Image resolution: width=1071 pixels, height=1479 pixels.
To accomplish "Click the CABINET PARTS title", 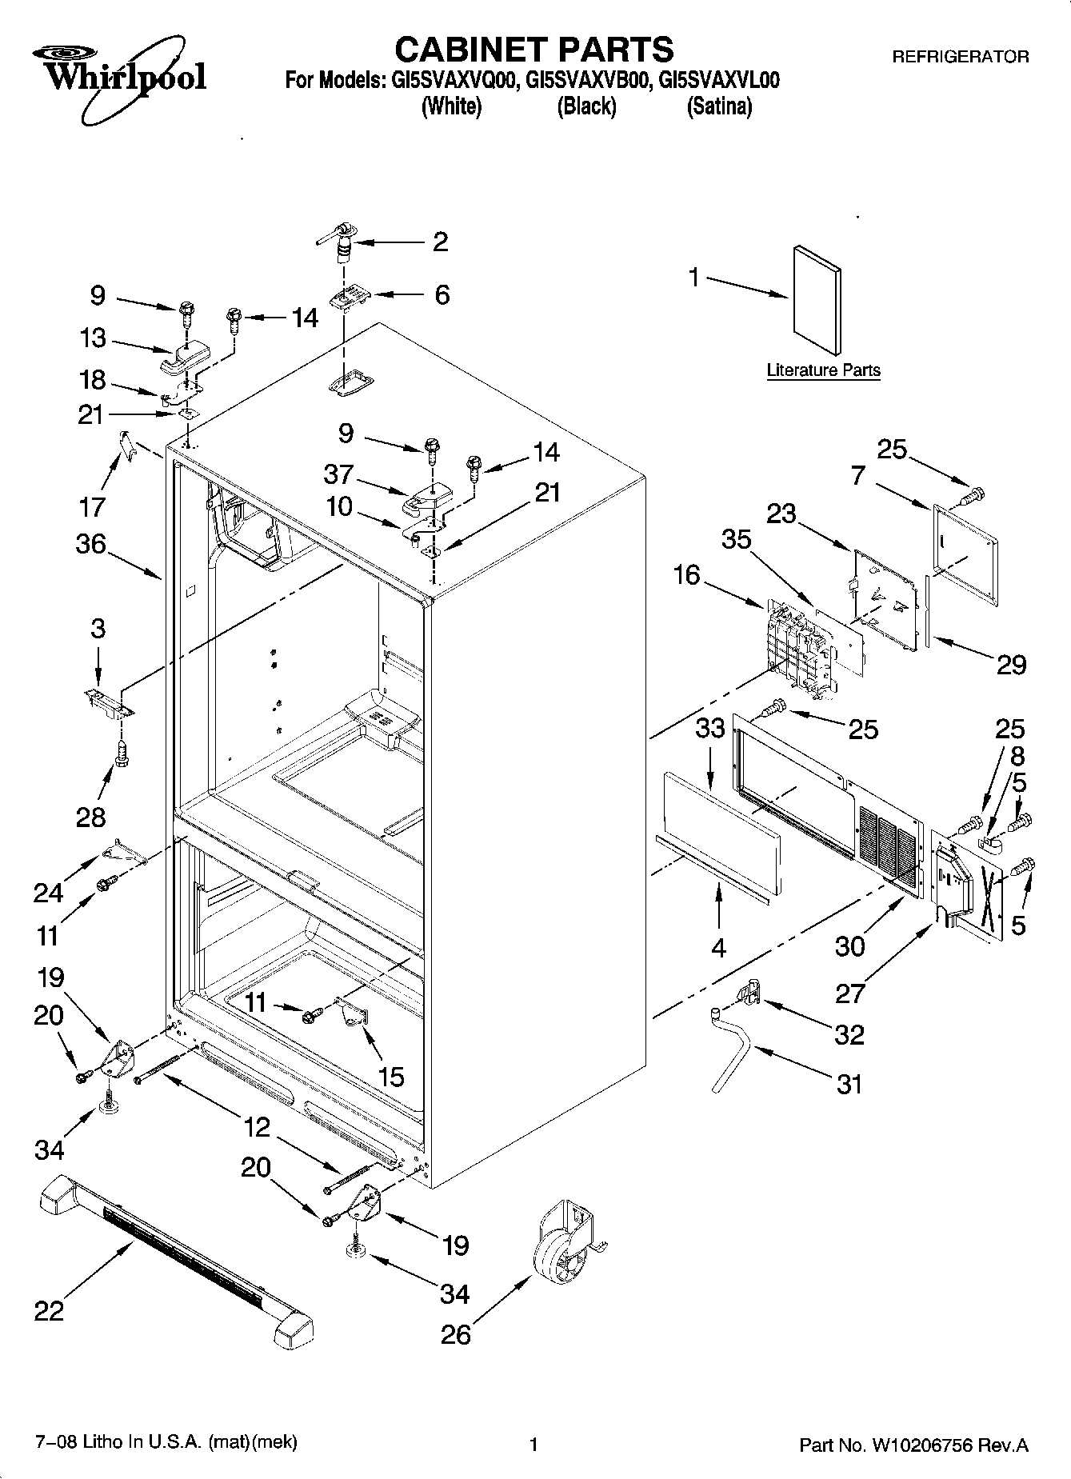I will (534, 49).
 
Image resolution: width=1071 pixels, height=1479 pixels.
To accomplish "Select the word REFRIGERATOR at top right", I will (960, 57).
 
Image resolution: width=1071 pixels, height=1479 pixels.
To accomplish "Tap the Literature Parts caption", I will (823, 370).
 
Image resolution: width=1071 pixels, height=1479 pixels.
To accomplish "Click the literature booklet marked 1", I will (817, 298).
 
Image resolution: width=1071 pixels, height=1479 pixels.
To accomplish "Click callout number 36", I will (90, 544).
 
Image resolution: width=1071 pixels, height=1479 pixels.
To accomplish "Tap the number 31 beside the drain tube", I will (849, 1084).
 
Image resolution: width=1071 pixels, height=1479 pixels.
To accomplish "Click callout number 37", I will (338, 474).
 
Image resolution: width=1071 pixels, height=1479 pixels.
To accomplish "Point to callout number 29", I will (1011, 665).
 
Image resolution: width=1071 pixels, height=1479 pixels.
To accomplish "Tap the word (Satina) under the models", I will (719, 106).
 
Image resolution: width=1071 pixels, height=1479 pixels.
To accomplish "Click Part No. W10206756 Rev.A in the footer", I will (913, 1445).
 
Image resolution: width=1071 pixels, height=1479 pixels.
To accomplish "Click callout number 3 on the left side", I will (98, 628).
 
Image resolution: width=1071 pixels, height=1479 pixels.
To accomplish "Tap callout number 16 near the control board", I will (686, 574).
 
